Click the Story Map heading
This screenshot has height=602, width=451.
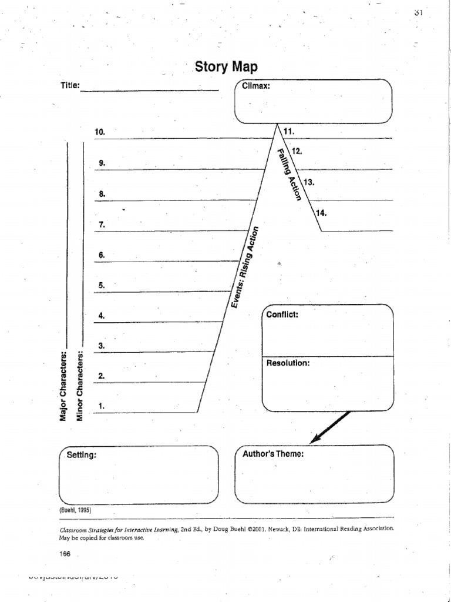click(226, 66)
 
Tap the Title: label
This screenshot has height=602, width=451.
click(70, 85)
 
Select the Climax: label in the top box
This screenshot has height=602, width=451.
click(256, 86)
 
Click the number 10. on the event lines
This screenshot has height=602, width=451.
click(99, 132)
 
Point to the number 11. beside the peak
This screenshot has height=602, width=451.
click(288, 131)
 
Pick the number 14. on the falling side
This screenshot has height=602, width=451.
click(321, 213)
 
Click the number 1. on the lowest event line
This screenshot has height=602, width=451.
click(102, 406)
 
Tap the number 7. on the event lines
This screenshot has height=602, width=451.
click(102, 224)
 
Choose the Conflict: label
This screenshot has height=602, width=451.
click(282, 315)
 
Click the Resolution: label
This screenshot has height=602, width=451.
click(288, 363)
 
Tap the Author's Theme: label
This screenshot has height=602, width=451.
click(273, 454)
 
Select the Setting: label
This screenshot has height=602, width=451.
click(81, 454)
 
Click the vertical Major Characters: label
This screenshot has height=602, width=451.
click(63, 386)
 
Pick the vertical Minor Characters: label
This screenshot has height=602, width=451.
click(80, 386)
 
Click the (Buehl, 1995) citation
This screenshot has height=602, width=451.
click(75, 510)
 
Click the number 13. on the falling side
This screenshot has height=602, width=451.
click(309, 182)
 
